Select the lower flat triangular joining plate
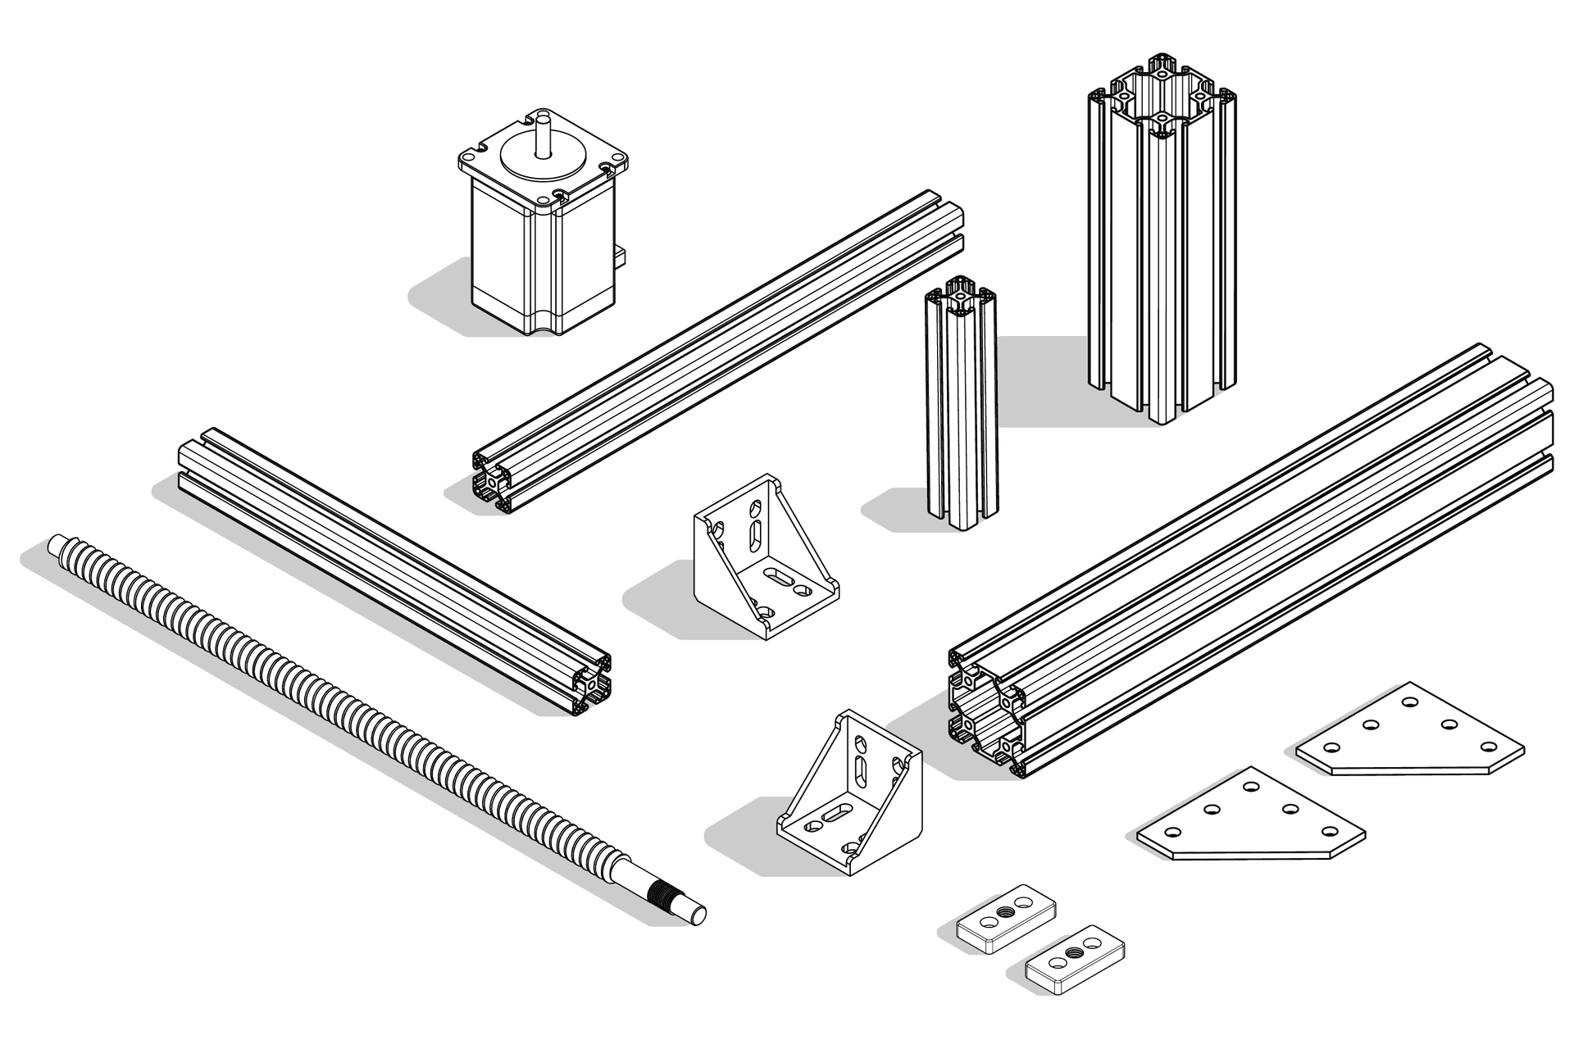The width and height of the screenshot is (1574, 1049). [1250, 820]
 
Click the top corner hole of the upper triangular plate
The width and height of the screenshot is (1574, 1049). [1410, 702]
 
